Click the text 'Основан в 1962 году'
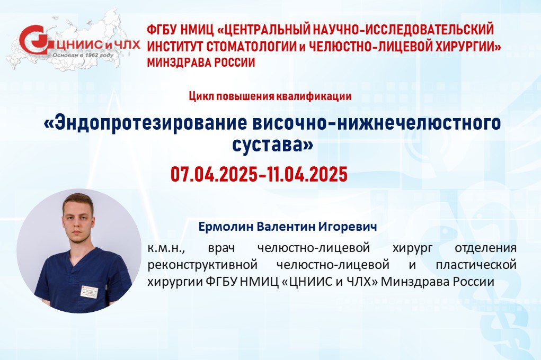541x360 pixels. coord(83,55)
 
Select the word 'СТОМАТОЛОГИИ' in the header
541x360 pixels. coord(252,46)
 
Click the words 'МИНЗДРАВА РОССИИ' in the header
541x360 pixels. coord(201,62)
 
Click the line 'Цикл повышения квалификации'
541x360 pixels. coord(270,96)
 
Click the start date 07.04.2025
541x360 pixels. coord(214,174)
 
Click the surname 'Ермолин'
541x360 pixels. coord(226,227)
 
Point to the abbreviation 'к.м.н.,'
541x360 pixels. coord(164,248)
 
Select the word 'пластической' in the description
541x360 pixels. coord(476,265)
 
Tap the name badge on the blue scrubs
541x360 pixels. coord(90,291)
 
